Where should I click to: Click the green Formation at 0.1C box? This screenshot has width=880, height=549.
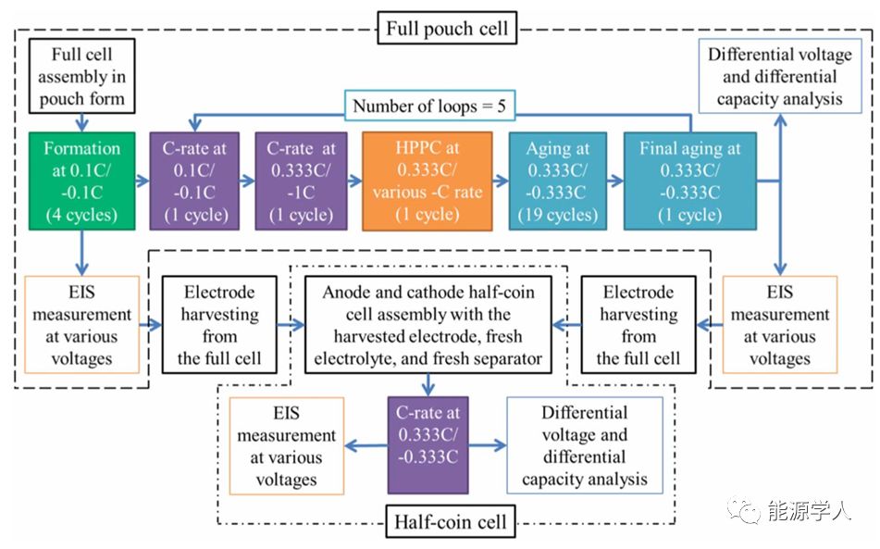82,181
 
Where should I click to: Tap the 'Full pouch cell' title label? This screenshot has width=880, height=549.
446,28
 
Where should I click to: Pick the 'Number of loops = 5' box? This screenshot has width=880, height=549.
428,106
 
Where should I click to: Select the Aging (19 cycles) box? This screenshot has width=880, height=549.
557,181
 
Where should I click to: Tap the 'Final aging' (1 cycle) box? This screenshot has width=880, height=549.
689,181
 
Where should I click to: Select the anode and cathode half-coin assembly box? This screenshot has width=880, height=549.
428,324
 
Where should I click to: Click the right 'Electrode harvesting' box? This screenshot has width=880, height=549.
638,324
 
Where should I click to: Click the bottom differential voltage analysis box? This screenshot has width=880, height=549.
585,445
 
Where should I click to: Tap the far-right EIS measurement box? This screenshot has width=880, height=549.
779,324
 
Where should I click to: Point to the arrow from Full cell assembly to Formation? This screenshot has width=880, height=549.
81,120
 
